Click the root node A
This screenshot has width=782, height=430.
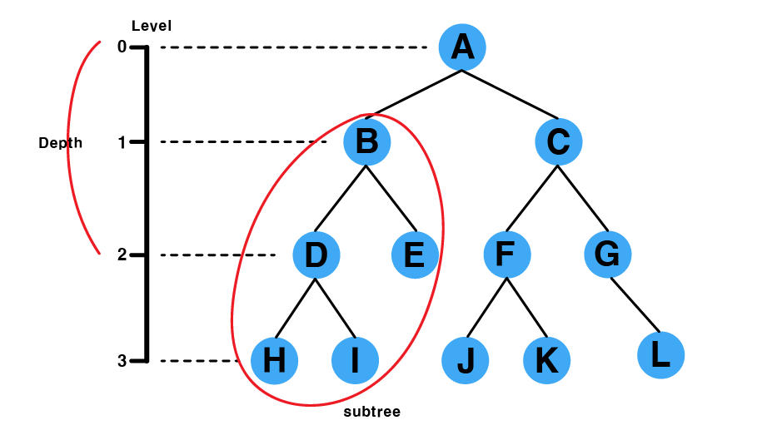point(462,47)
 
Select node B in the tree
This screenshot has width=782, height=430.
point(366,141)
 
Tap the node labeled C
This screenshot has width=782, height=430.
point(558,141)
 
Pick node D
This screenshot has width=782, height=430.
point(316,255)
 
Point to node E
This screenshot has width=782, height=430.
point(415,255)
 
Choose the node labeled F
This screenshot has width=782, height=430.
point(506,255)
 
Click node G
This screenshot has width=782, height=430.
point(608,255)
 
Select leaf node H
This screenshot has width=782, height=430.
point(274,360)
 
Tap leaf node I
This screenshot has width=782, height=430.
point(355,360)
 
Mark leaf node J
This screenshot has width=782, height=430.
point(466,360)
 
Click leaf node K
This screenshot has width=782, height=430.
point(546,360)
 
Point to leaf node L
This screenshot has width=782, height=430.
point(660,355)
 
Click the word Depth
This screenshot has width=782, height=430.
point(61,143)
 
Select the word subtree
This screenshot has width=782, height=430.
point(372,412)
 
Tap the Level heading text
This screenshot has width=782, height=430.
point(152,27)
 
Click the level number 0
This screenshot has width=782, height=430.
point(122,47)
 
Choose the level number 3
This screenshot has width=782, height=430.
point(122,361)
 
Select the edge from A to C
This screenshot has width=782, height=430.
point(511,94)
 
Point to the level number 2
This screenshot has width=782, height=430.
point(122,255)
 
